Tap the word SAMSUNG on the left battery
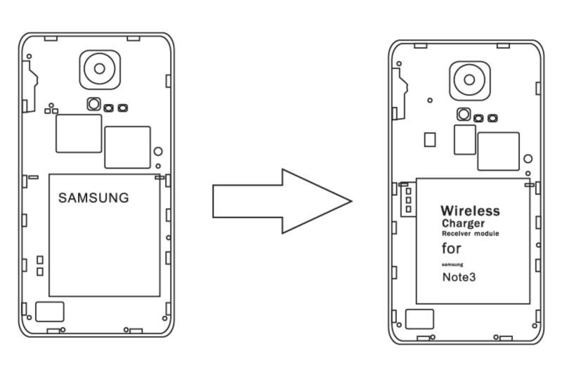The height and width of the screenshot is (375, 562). click(93, 198)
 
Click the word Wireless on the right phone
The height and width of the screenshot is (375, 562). click(470, 211)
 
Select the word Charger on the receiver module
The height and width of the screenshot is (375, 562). click(463, 223)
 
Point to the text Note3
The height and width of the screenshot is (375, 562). click(458, 277)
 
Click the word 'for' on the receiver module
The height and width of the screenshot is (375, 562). click(452, 248)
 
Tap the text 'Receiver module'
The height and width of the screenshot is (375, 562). click(470, 233)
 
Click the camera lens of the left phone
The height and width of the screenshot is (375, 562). click(100, 68)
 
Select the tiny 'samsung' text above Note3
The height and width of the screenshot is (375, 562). click(452, 264)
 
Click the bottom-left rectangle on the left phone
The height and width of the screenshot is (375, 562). click(49, 312)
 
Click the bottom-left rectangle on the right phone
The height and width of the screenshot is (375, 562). click(419, 319)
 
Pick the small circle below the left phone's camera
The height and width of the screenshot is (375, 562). click(93, 105)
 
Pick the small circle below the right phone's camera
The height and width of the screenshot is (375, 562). click(463, 114)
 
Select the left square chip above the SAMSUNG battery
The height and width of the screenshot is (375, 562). click(79, 133)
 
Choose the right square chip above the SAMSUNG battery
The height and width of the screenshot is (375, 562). click(127, 147)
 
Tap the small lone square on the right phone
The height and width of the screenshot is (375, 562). click(430, 140)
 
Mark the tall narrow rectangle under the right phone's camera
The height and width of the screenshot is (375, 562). click(464, 140)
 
